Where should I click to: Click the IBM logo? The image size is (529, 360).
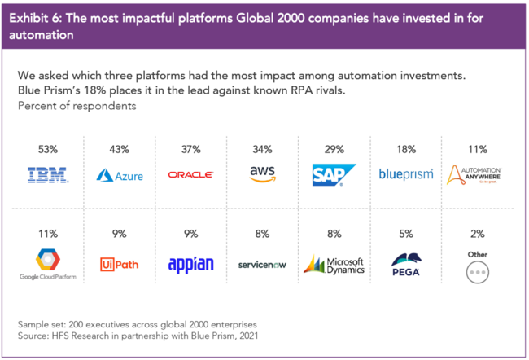[x=48, y=174]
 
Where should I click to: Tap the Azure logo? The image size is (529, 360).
[x=119, y=174]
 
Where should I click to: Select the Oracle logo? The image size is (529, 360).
[x=190, y=174]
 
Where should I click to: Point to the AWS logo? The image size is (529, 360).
[x=261, y=173]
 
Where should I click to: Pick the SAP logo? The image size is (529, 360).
[x=334, y=174]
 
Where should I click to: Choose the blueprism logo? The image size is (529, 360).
[x=406, y=173]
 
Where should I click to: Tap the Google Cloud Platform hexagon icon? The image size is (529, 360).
[x=48, y=260]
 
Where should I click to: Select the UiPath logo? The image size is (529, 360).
[x=119, y=264]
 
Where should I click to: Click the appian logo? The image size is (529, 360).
[x=190, y=264]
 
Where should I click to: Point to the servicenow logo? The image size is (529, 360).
[x=261, y=265]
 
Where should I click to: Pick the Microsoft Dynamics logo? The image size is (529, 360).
[x=334, y=264]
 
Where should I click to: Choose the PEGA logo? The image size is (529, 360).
[x=406, y=265]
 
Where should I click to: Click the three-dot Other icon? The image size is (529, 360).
[x=478, y=272]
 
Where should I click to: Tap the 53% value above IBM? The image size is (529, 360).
[x=48, y=149]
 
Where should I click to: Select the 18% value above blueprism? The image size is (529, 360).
[x=406, y=149]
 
